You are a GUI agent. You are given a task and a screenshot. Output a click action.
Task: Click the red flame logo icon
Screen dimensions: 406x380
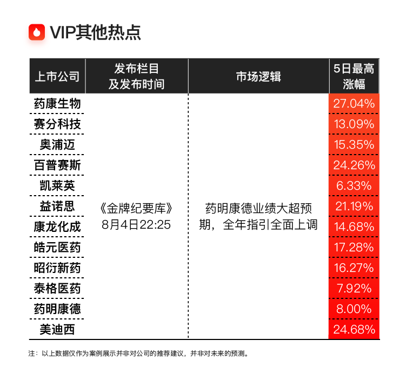coord(37,32)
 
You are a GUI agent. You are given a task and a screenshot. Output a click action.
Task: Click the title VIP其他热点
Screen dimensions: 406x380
coord(95,32)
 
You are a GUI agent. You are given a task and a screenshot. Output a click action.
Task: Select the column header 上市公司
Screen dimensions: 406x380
coord(57,77)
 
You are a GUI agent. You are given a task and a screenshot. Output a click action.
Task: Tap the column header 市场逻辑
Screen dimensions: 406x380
coord(258,77)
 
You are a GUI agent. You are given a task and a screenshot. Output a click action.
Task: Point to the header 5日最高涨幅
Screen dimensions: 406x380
coord(354,76)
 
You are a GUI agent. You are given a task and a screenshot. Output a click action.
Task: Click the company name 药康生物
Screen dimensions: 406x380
coord(57,104)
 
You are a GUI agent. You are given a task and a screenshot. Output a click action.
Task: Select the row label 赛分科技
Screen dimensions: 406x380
coord(57,124)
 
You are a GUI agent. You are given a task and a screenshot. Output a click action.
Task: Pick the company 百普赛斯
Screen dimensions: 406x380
coord(57,165)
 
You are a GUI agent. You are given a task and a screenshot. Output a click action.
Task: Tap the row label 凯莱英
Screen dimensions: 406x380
coord(57,185)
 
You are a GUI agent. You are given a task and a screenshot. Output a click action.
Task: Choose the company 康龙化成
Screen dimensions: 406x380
coord(57,227)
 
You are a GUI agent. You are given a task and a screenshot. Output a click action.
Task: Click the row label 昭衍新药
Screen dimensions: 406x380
coord(57,268)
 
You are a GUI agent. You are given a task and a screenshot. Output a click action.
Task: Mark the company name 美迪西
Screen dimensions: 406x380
coord(57,330)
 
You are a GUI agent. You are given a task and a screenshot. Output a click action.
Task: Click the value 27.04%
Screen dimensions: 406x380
coord(354,104)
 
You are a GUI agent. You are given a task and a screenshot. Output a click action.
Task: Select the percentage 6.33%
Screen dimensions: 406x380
coord(354,185)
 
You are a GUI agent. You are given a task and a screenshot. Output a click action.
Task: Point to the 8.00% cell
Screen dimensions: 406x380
coord(354,309)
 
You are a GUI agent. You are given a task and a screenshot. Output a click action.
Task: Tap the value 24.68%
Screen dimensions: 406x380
coord(354,330)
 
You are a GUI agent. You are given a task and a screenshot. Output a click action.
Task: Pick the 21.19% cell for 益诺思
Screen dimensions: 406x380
coord(354,206)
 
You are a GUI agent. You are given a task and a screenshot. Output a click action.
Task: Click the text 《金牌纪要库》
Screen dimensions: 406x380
coord(136,209)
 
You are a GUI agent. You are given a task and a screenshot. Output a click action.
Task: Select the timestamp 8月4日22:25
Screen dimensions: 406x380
coord(136,225)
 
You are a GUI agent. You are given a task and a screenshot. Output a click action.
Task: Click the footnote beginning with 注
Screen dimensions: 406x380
coord(139,354)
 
